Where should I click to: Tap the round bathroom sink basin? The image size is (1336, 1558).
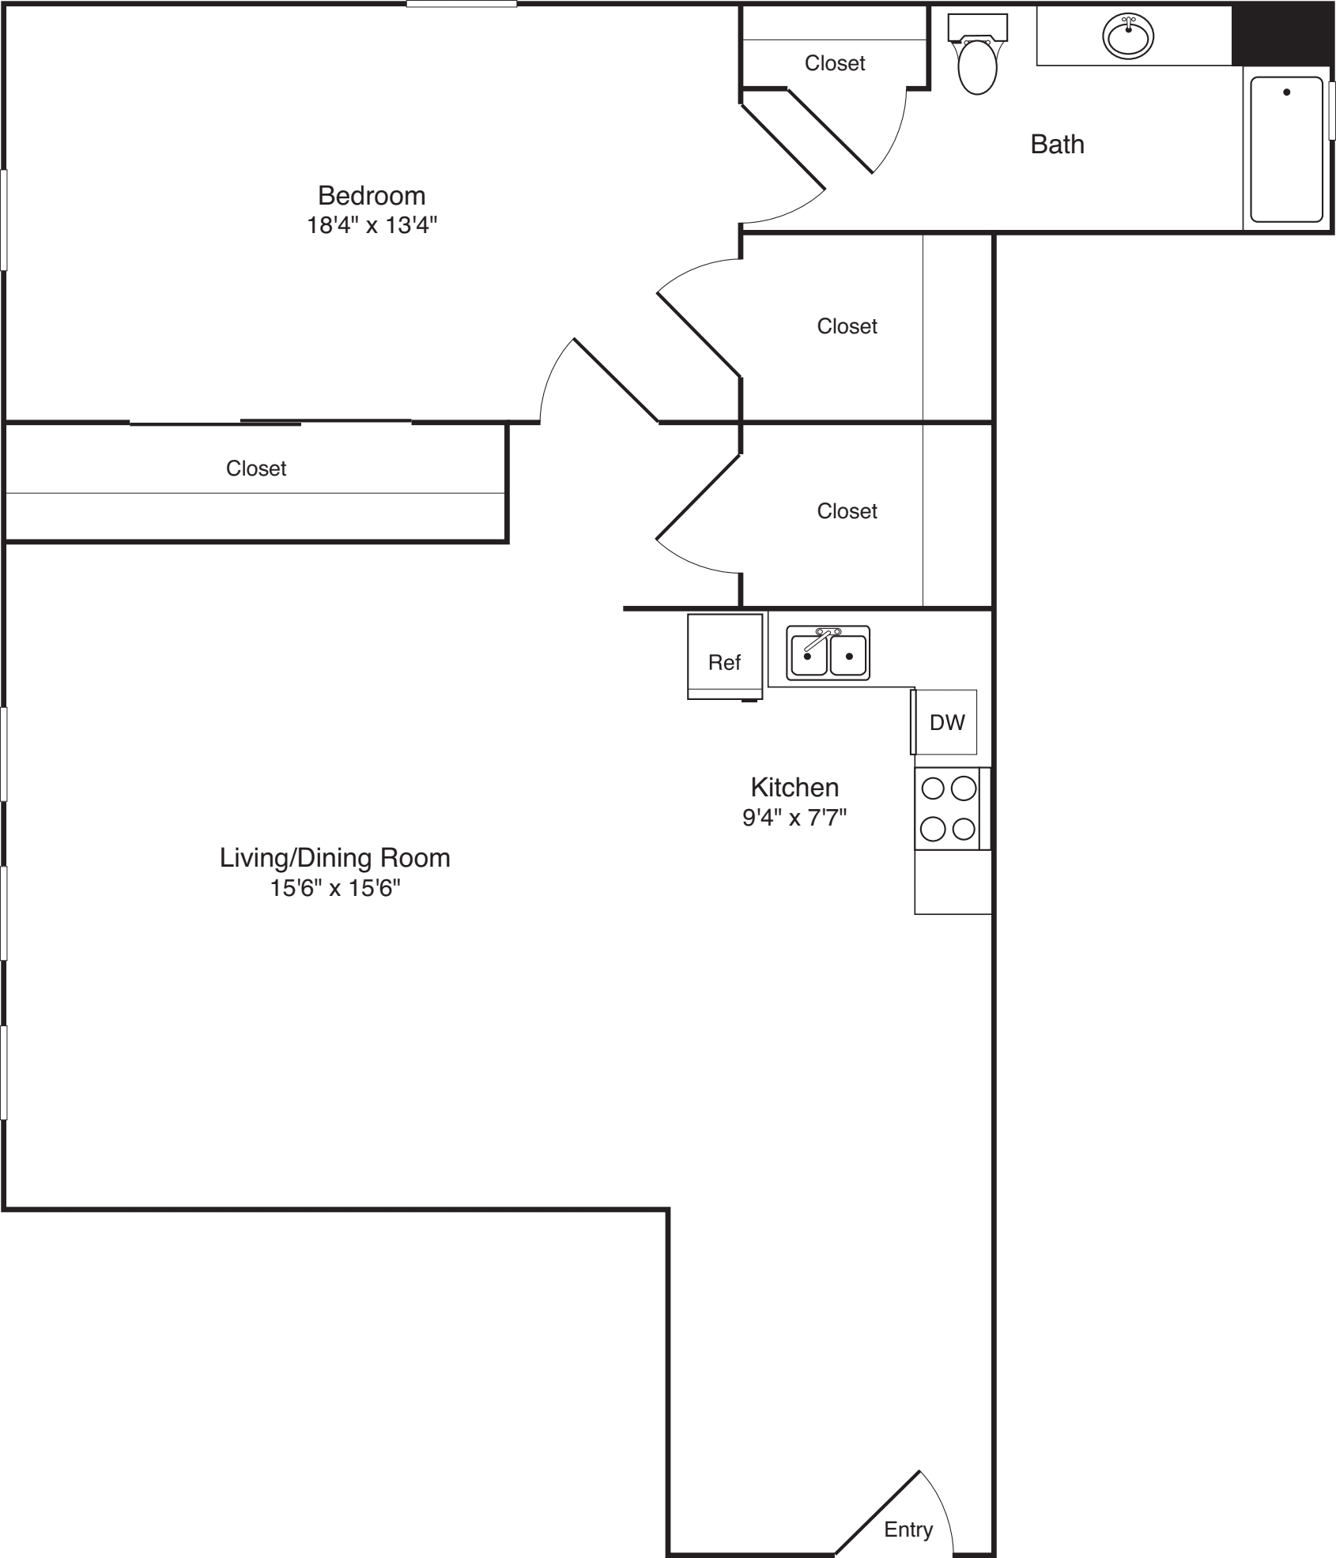click(1128, 36)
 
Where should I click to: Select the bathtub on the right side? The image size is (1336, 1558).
click(1286, 149)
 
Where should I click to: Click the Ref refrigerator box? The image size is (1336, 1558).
click(725, 657)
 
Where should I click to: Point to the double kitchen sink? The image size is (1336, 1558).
click(828, 653)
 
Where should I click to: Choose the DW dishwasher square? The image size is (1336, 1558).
click(946, 721)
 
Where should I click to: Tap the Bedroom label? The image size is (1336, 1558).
click(372, 195)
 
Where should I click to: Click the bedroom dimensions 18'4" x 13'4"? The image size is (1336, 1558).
click(372, 226)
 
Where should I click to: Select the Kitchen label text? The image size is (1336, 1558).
click(794, 787)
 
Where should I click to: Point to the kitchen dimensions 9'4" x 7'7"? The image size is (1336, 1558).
click(794, 818)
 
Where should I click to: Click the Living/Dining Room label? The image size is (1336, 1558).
click(335, 857)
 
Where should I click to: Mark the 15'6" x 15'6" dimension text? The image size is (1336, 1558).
click(335, 888)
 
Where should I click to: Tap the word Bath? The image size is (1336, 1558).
click(1057, 145)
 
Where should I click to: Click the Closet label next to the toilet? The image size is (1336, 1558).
click(835, 63)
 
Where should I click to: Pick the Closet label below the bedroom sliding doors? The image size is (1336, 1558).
click(256, 469)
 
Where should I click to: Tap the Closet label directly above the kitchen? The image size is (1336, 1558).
click(847, 511)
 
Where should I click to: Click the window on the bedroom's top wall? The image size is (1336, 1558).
click(462, 5)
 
